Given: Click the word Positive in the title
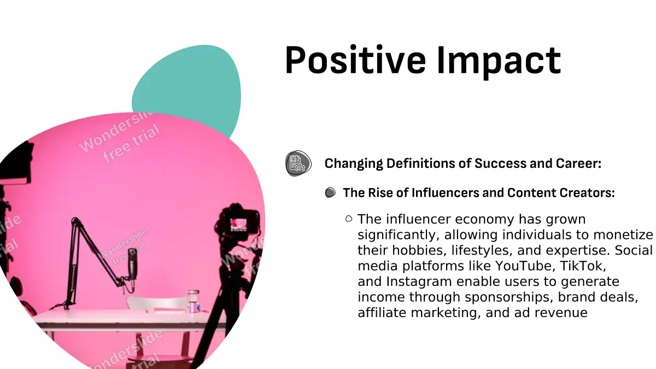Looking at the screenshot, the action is click(355, 60).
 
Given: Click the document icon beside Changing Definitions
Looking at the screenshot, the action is click(298, 163).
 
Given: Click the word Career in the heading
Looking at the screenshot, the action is click(578, 163).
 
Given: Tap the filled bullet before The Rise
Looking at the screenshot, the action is click(330, 192).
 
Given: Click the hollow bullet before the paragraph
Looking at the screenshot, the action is click(349, 219).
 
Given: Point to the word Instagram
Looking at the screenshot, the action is click(419, 282).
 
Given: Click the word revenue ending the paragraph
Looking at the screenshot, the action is click(561, 313).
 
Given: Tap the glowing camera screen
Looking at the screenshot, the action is click(238, 225).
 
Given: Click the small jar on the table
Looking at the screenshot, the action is click(194, 301).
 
